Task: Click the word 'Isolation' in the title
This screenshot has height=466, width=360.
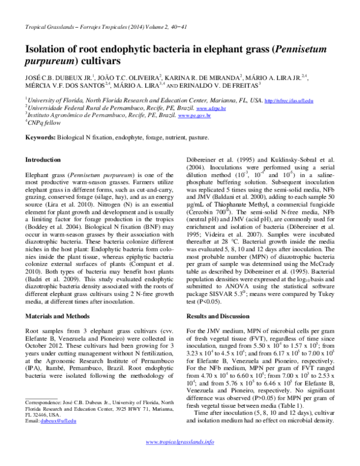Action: point(49,49)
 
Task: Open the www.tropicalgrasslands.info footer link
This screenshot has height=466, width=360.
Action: point(181,458)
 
